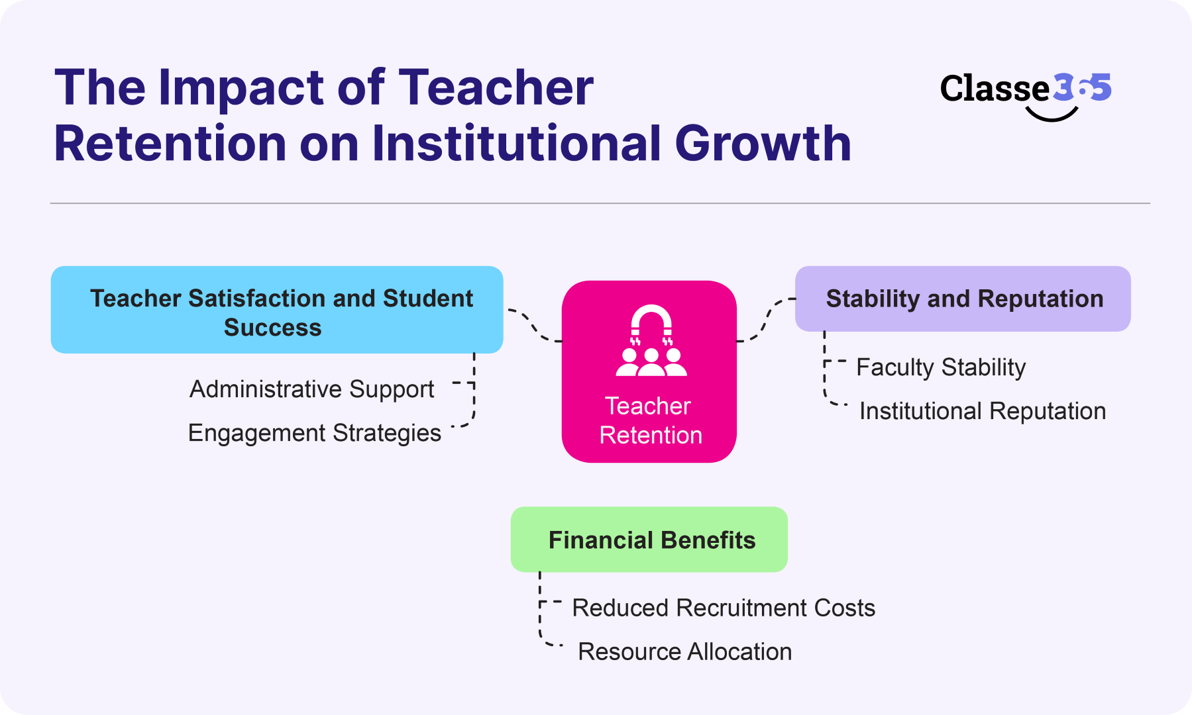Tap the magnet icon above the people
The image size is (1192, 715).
(x=651, y=322)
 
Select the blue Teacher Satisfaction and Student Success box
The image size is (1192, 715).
(x=277, y=310)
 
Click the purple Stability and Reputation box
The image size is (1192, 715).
(x=962, y=299)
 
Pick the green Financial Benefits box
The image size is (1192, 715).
(x=649, y=540)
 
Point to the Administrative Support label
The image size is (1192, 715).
(x=311, y=389)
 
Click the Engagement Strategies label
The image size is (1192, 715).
(x=314, y=433)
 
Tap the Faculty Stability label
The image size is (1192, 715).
(x=940, y=367)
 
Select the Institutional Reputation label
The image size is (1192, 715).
(x=982, y=411)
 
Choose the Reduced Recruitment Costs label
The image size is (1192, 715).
(x=723, y=608)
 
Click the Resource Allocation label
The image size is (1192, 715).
(x=684, y=651)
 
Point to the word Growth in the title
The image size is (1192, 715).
(x=763, y=143)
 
